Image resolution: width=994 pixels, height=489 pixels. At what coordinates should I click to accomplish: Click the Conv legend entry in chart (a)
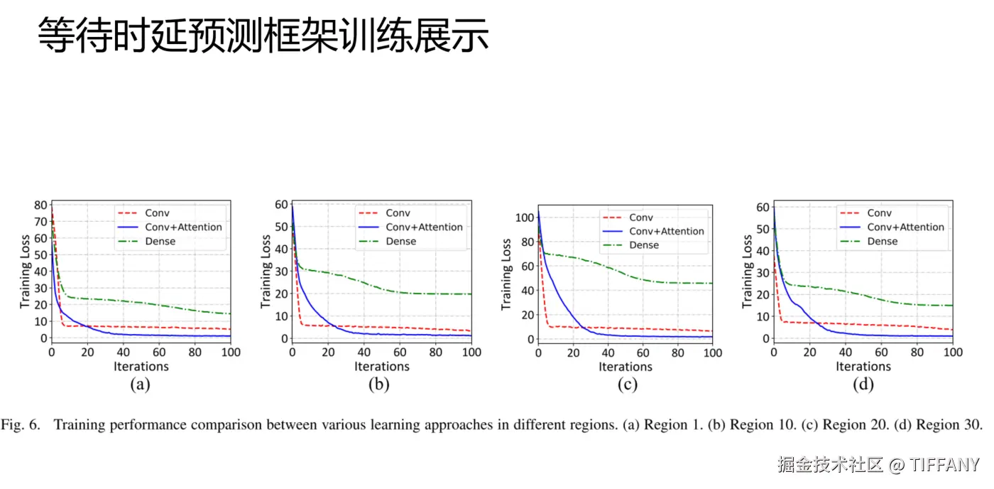tap(157, 213)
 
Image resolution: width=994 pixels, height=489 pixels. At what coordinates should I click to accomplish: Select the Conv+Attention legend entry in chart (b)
tap(424, 227)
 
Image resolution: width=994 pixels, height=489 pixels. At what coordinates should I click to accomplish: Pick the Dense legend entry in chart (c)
tap(644, 245)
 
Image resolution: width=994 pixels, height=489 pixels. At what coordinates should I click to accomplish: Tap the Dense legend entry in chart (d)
tap(883, 242)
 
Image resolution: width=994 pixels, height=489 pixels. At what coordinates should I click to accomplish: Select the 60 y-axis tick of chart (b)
tap(282, 205)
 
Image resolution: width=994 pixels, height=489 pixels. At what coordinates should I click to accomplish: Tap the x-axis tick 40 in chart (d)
tap(845, 353)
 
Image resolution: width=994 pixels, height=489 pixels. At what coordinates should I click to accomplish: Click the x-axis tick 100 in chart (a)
tap(231, 353)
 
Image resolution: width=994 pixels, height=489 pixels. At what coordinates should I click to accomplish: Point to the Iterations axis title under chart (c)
tap(625, 367)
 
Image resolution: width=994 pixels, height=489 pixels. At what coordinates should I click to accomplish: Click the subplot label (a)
tap(140, 385)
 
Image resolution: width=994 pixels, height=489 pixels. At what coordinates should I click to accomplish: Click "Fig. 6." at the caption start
tap(22, 425)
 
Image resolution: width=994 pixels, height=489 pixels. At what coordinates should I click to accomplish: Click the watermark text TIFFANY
tap(944, 466)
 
